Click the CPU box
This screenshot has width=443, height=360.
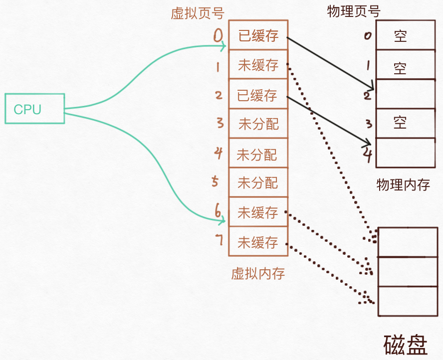(35, 109)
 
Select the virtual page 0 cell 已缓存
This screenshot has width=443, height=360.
(258, 35)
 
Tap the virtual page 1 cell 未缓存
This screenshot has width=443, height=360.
(258, 65)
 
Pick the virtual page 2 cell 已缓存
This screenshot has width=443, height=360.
(258, 94)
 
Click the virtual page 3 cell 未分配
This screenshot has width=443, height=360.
(258, 124)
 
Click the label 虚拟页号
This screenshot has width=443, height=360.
(190, 13)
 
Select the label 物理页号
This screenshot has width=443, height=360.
(354, 11)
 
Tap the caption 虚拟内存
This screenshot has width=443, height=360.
(258, 273)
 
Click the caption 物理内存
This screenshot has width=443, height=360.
(403, 185)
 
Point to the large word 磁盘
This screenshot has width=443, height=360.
(405, 345)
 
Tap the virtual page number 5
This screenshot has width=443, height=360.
(215, 182)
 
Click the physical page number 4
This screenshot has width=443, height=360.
(368, 153)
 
